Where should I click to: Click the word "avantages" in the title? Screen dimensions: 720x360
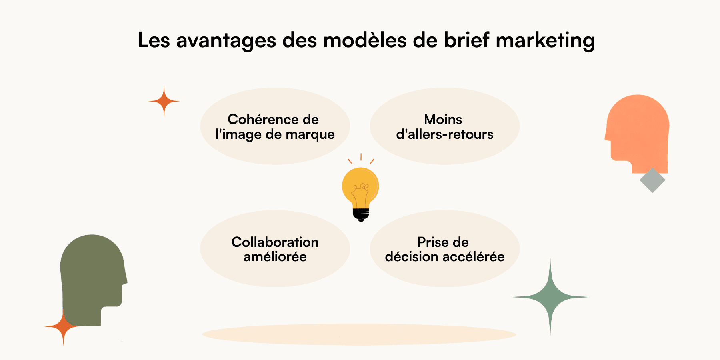click(226, 40)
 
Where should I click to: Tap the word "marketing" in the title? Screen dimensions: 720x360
click(545, 40)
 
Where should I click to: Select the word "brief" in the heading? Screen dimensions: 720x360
click(466, 40)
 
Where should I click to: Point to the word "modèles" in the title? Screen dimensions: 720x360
click(365, 40)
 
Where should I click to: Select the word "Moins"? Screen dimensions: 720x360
click(443, 119)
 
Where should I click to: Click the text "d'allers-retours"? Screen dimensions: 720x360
click(444, 134)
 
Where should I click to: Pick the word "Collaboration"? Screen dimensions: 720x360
click(275, 242)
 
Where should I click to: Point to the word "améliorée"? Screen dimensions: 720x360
click(275, 257)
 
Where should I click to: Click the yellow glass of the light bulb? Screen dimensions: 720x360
click(360, 186)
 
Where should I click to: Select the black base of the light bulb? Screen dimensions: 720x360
click(361, 214)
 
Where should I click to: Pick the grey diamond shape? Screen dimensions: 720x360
click(652, 180)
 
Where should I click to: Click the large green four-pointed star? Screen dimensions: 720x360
click(550, 297)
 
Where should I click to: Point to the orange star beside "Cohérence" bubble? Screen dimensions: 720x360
click(164, 102)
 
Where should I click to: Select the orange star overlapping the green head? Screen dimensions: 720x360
click(63, 327)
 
